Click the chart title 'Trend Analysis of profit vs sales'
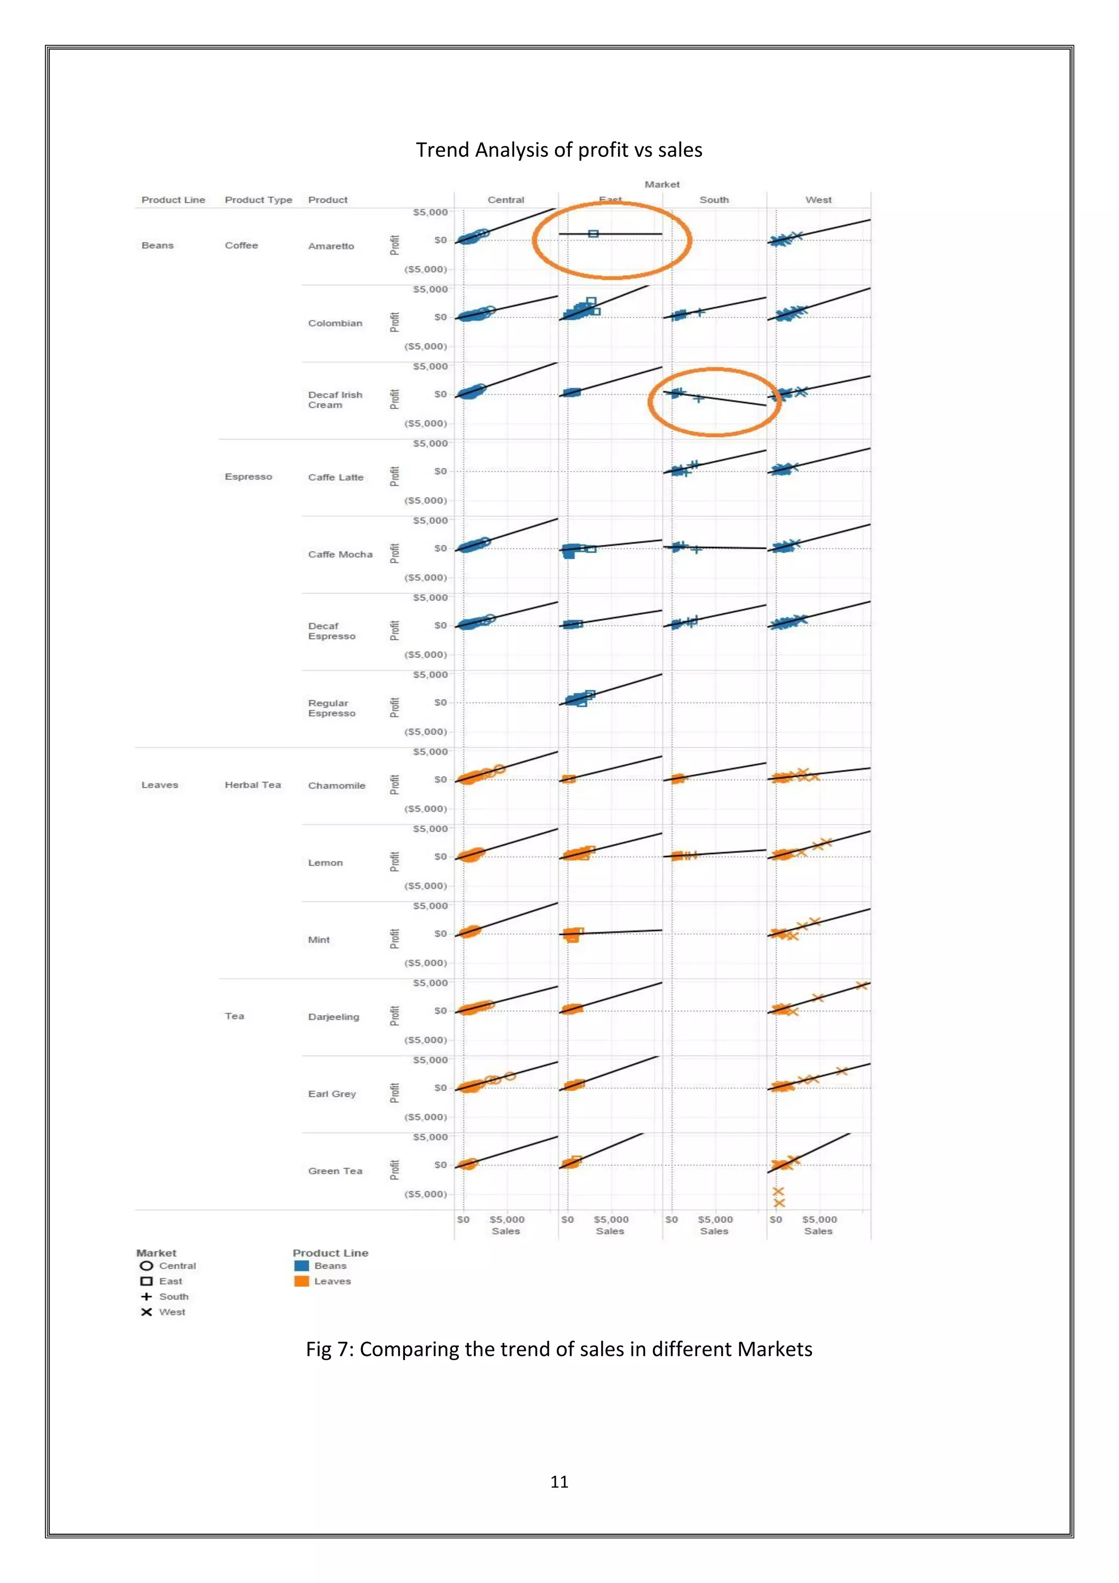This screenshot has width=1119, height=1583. pyautogui.click(x=559, y=150)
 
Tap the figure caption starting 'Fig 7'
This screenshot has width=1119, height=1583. pyautogui.click(x=559, y=1349)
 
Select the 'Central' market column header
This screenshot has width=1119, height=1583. pyautogui.click(x=506, y=200)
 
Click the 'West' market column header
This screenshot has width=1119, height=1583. pyautogui.click(x=818, y=200)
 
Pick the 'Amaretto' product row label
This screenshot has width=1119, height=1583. pyautogui.click(x=331, y=246)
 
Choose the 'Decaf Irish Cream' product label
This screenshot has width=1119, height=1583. pyautogui.click(x=335, y=400)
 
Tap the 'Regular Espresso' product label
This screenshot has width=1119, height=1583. pyautogui.click(x=332, y=708)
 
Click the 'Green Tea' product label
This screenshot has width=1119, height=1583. pyautogui.click(x=335, y=1171)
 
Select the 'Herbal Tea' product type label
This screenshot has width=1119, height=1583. pyautogui.click(x=252, y=784)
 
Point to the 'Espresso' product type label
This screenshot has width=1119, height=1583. pyautogui.click(x=248, y=477)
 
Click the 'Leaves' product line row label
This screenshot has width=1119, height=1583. pyautogui.click(x=159, y=784)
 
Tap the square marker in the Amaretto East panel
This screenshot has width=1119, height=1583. pyautogui.click(x=593, y=234)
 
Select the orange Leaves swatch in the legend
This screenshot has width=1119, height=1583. pyautogui.click(x=301, y=1281)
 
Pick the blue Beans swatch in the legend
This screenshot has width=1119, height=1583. pyautogui.click(x=301, y=1266)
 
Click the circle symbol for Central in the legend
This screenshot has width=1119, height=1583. pyautogui.click(x=146, y=1266)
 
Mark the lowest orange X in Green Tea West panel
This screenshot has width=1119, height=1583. pyautogui.click(x=779, y=1203)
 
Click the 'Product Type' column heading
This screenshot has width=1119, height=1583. pyautogui.click(x=258, y=200)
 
